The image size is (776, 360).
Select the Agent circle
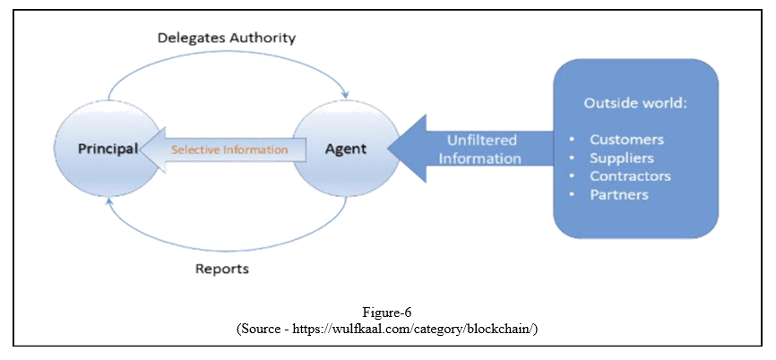click(x=345, y=150)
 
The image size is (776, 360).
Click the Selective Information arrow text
click(x=229, y=150)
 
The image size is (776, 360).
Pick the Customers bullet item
click(x=626, y=140)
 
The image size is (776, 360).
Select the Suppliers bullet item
click(x=622, y=158)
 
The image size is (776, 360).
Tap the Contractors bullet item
click(x=630, y=176)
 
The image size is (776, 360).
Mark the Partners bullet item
click(x=619, y=194)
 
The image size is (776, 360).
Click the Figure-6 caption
click(x=387, y=313)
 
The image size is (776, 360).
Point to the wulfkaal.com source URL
click(x=421, y=328)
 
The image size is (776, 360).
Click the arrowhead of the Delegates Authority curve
click(x=345, y=95)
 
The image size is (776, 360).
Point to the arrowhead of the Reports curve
click(x=107, y=202)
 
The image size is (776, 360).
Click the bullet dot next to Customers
click(x=572, y=140)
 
